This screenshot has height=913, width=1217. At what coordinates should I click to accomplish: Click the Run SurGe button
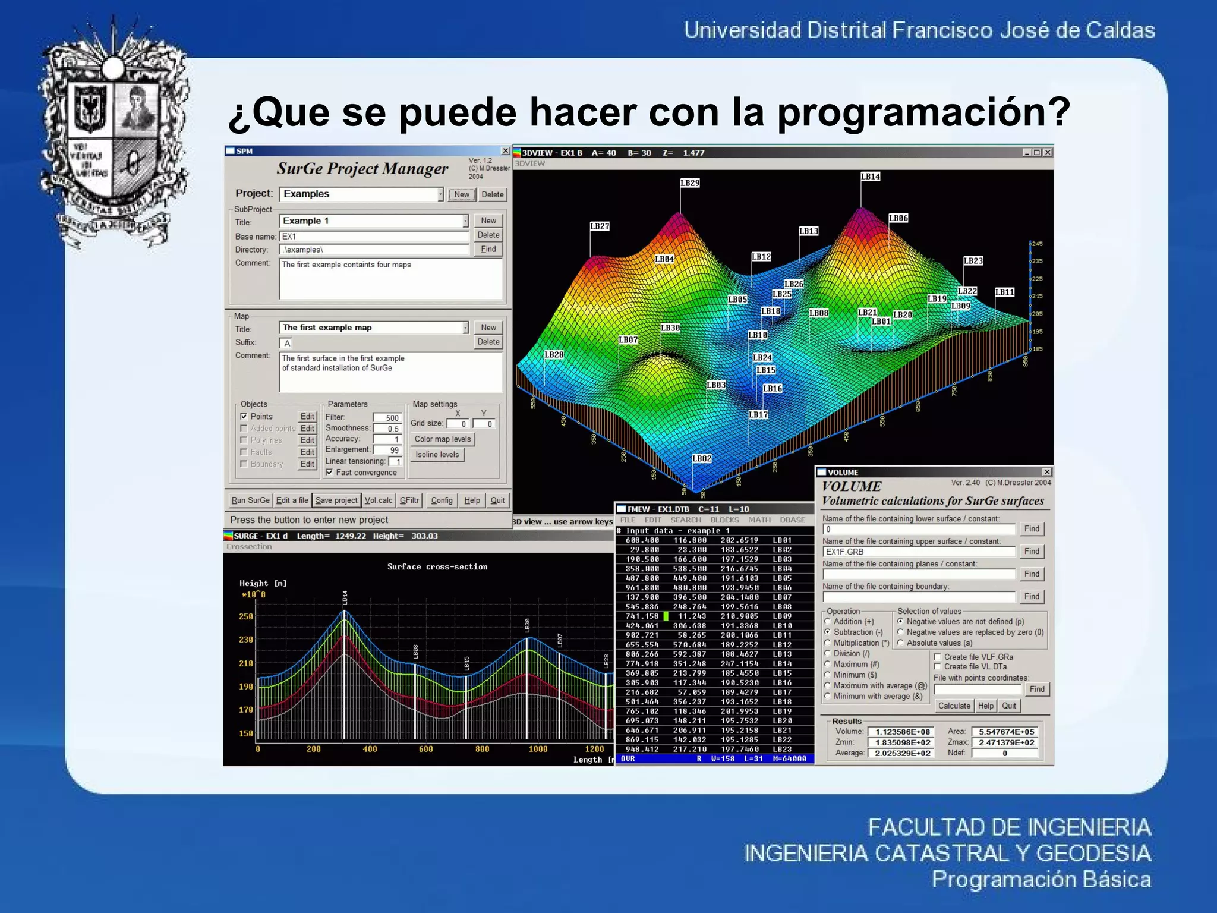(x=250, y=500)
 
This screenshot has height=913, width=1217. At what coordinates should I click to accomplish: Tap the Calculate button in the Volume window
(x=954, y=706)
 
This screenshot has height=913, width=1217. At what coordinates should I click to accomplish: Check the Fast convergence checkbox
(x=330, y=473)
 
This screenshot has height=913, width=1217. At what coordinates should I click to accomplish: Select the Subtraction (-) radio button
(x=828, y=632)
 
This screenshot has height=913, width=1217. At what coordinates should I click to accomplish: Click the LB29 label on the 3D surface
(x=690, y=183)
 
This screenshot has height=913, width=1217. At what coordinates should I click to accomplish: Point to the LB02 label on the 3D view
(x=702, y=458)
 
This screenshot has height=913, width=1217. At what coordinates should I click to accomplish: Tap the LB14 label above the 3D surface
(x=871, y=177)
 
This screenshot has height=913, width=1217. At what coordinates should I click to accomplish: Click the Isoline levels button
(x=437, y=455)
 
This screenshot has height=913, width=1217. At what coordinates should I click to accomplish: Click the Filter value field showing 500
(x=387, y=418)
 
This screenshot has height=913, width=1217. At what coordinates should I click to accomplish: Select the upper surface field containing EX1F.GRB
(x=919, y=552)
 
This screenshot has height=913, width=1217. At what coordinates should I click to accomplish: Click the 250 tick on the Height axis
(x=246, y=616)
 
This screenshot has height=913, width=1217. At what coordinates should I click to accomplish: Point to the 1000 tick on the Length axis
(x=538, y=749)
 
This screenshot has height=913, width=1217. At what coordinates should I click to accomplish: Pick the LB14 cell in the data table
(x=782, y=663)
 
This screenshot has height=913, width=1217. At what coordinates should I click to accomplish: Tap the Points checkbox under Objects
(x=244, y=417)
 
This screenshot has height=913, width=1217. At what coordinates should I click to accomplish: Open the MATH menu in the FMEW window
(x=759, y=520)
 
